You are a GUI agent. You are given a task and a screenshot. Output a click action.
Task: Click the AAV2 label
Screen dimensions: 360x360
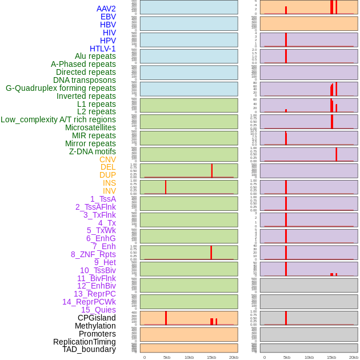tap(106, 9)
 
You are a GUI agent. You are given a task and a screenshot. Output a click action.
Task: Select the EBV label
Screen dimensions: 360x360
tap(108, 17)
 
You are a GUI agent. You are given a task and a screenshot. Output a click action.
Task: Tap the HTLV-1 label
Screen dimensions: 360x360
tap(102, 49)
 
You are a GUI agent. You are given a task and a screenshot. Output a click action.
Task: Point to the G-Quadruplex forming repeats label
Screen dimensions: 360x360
tap(61, 88)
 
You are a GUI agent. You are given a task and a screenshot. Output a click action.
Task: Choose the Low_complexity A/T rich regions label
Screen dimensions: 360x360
tap(58, 119)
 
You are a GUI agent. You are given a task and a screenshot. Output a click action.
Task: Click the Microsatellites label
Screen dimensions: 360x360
tap(90, 127)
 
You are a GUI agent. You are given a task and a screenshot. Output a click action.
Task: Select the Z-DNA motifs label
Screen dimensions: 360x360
tap(93, 151)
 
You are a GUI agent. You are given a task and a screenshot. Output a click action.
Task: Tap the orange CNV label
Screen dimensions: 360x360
tap(107, 159)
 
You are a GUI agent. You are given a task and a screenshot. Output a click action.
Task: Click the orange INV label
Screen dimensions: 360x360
tap(109, 191)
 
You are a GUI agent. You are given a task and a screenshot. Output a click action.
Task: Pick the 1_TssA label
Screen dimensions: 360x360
tap(103, 199)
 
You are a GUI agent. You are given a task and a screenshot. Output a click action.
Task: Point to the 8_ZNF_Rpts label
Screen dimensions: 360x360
tap(93, 254)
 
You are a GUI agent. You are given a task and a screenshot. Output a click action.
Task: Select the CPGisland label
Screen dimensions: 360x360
tap(97, 318)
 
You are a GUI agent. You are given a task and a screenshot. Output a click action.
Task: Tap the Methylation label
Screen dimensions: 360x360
tap(95, 326)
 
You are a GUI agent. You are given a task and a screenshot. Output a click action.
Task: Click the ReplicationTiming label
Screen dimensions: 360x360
tap(85, 342)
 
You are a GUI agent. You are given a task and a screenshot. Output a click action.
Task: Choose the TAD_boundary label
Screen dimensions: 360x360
tap(89, 349)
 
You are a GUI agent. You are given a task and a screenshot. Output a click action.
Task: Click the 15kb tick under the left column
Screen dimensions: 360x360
tap(211, 357)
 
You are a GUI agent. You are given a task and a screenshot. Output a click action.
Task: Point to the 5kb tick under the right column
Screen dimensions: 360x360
tap(287, 357)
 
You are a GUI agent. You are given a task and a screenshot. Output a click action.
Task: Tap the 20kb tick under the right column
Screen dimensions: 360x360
tap(354, 357)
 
